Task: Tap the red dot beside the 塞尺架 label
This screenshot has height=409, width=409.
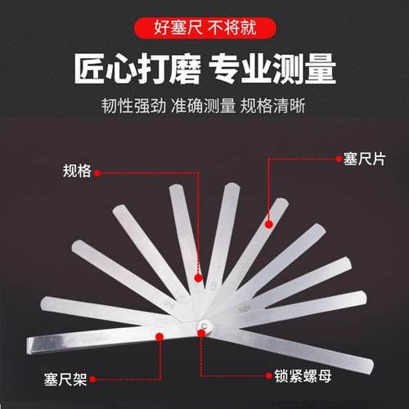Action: pyautogui.click(x=94, y=379)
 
